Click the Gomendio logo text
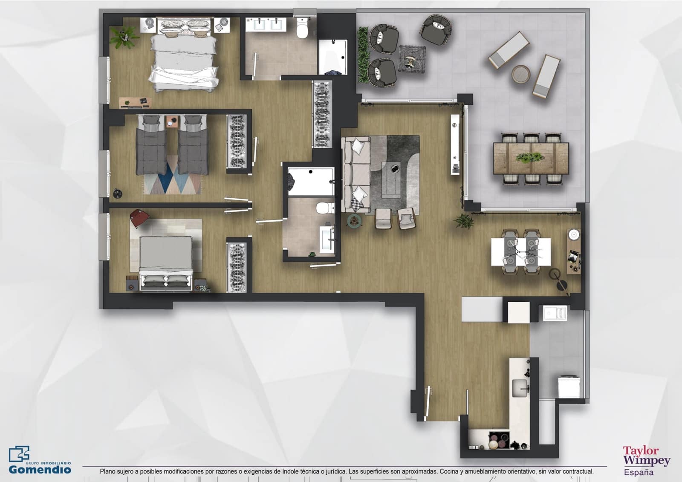click(40, 469)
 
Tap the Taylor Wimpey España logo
click(646, 460)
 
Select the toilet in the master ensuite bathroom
click(302, 29)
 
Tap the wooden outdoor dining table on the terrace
click(531, 158)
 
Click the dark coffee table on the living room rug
click(391, 179)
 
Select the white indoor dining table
click(520, 251)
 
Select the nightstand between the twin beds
click(172, 121)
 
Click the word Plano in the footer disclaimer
click(108, 471)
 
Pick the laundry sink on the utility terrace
click(555, 313)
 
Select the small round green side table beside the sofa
click(354, 220)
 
